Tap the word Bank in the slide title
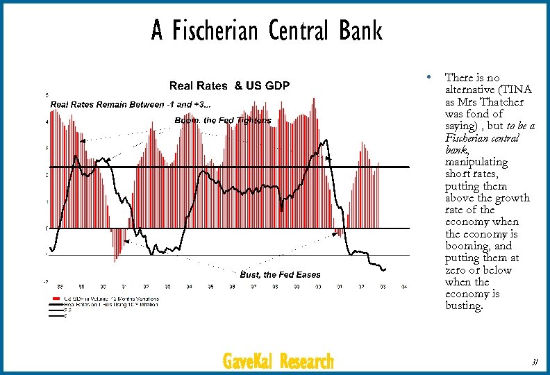click(x=361, y=31)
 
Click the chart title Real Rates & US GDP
click(x=230, y=85)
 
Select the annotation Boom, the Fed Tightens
click(x=223, y=120)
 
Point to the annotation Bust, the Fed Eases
click(x=280, y=274)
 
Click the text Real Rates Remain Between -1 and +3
click(x=131, y=104)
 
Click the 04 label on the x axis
click(x=403, y=286)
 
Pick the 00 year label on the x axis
click(x=318, y=286)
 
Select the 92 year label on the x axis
click(x=147, y=286)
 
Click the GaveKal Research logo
click(x=278, y=361)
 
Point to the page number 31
click(x=535, y=361)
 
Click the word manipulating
click(x=476, y=150)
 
